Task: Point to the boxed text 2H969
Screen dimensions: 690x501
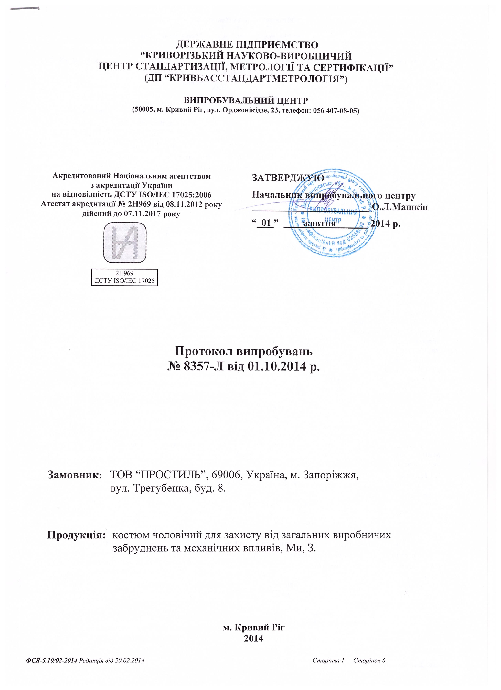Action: [125, 273]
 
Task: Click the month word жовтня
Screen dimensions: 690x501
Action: [320, 224]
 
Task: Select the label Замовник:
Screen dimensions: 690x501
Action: [74, 475]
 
